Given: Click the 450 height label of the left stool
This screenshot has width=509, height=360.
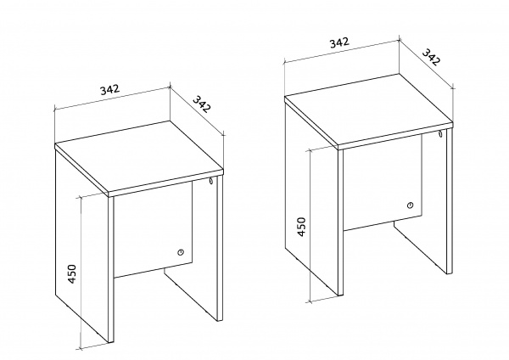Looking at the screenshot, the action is coord(72,274).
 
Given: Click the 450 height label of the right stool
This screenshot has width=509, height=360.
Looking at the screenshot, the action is coord(301,227).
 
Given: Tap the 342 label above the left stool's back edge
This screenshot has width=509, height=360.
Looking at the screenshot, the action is coord(109,89).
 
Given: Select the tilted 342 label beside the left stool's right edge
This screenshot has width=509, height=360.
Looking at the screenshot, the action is coord(202,104).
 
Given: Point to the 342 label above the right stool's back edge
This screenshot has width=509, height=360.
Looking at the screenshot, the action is coord(339,42).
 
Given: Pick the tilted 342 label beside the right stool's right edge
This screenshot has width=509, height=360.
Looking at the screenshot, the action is coord(431,57).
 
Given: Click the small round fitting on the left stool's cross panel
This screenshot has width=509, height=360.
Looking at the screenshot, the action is coord(181,252).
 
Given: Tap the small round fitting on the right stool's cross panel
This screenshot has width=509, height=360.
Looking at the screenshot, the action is coord(411,205).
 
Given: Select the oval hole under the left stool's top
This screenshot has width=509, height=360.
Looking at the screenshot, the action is coord(211,181).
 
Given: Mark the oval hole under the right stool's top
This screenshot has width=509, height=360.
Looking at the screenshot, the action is coord(441,134).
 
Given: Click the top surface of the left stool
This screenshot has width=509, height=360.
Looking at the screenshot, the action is coord(139,156).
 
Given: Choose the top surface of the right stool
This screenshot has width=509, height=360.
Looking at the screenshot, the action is coord(368,110).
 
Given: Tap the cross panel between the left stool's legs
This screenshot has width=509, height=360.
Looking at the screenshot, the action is coord(154,230).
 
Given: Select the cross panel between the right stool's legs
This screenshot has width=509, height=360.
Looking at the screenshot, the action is coord(383,183).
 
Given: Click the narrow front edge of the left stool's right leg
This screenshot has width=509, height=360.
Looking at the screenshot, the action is coord(220,248).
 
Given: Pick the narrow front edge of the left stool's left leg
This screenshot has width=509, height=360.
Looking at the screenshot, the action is coord(111,269).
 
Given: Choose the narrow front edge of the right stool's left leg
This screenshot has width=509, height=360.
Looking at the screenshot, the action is coord(340,222).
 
